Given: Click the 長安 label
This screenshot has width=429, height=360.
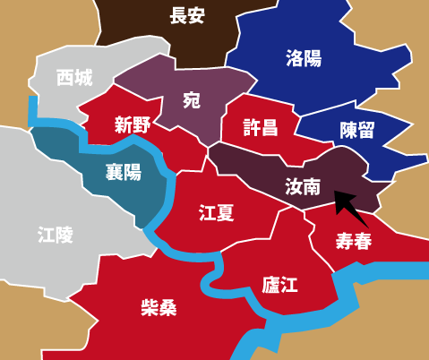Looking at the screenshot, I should click(189, 15).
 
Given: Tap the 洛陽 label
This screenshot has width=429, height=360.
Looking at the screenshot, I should click(304, 59).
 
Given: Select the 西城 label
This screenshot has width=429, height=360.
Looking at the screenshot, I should click(73, 78).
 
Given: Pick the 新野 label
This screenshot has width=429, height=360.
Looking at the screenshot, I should click(132, 125).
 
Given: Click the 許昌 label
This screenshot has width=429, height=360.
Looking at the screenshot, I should click(261, 127).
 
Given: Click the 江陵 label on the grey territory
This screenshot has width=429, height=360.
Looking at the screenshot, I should click(56, 236).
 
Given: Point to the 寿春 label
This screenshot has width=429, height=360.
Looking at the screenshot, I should click(353, 241).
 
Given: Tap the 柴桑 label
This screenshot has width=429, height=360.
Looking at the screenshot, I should click(159, 308).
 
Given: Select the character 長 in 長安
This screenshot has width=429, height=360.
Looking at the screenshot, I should click(179, 15).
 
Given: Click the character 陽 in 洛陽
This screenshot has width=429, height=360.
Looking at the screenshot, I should click(313, 59).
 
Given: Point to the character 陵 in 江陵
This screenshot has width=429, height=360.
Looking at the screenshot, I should click(65, 236).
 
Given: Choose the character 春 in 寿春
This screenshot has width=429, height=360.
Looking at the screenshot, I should click(363, 241).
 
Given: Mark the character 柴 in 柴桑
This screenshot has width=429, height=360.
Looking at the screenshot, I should click(149, 308).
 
